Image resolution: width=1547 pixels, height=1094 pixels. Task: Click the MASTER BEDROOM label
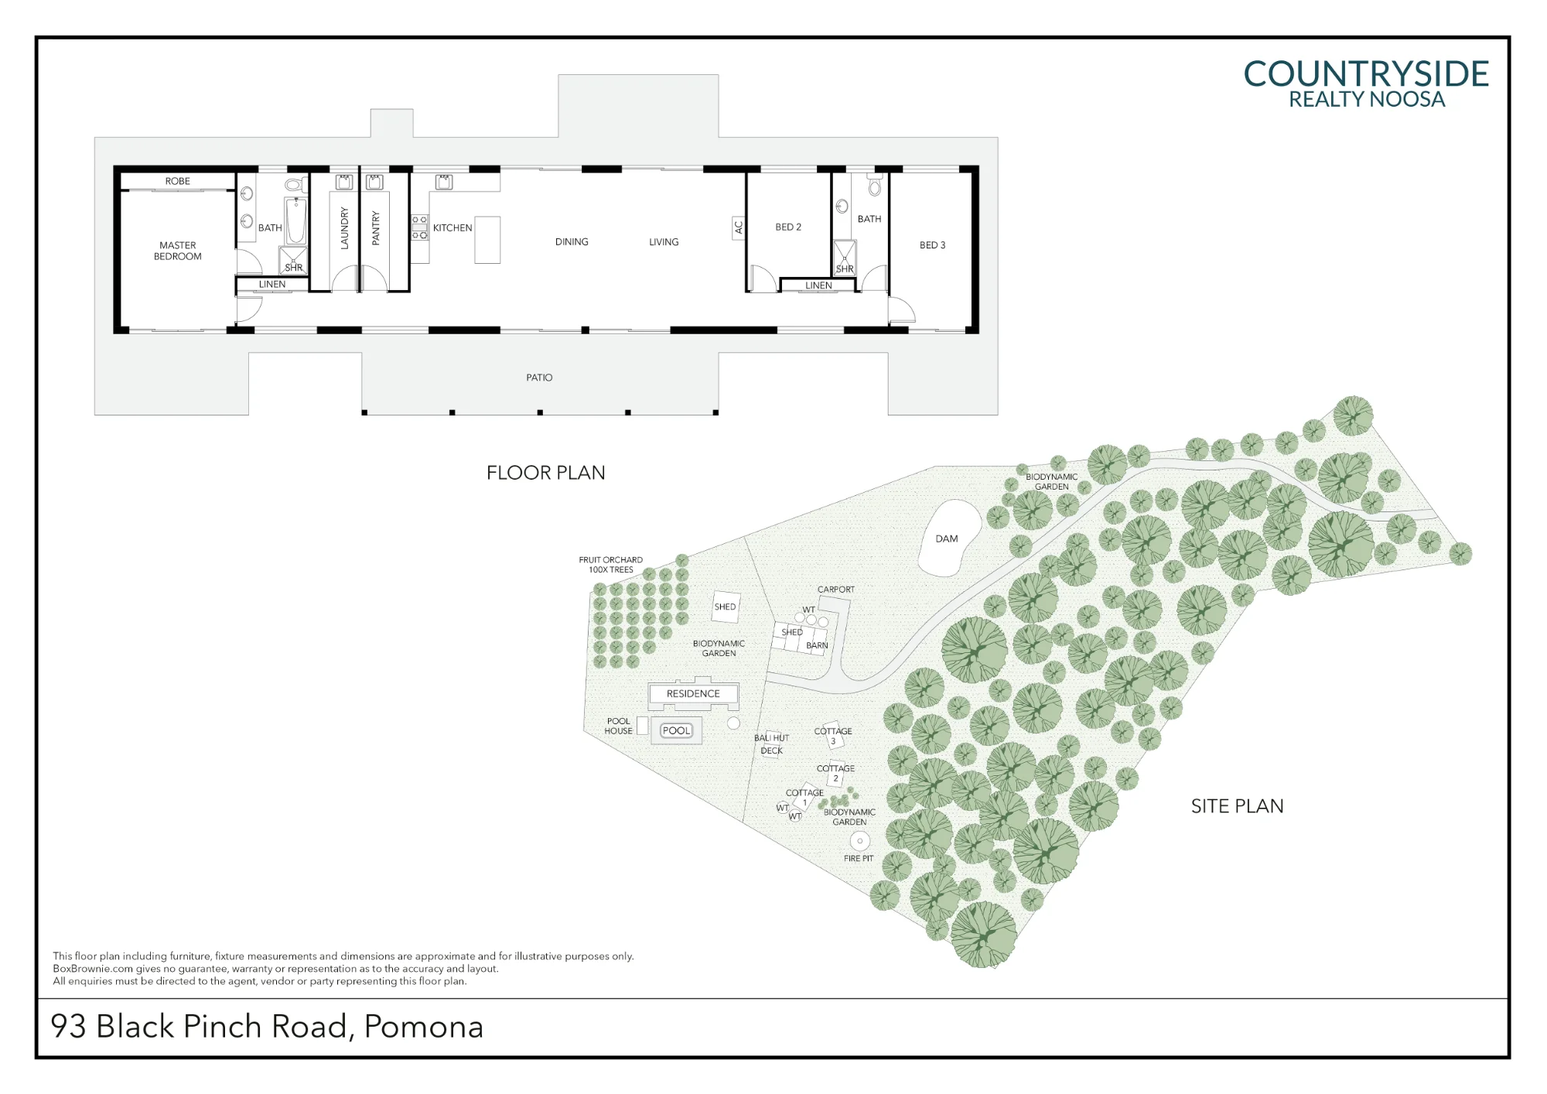pos(177,251)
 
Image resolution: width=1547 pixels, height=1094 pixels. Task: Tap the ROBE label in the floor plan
pos(177,181)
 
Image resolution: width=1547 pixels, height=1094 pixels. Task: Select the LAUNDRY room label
pos(345,227)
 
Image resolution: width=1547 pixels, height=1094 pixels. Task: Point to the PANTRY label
pos(376,227)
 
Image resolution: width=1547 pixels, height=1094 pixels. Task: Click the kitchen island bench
pos(487,240)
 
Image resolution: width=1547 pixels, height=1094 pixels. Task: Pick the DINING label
pos(572,242)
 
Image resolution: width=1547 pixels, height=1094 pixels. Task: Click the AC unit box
pos(738,228)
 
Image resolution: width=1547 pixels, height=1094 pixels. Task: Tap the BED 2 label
pos(788,227)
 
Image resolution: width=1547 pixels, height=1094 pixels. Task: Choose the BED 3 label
pos(932,245)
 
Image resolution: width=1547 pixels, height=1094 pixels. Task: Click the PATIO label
pos(539,378)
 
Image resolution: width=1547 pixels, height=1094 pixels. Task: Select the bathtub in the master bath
pos(296,221)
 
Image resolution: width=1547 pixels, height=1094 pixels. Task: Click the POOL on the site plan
pos(676,730)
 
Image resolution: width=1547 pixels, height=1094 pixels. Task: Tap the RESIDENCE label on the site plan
pos(693,694)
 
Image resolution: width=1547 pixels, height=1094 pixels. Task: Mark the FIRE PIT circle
pos(859,840)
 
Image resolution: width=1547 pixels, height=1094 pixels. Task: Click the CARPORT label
pos(836,590)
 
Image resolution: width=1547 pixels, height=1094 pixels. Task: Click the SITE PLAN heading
pos(1237,806)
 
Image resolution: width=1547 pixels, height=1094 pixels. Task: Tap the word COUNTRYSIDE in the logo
pos(1366,74)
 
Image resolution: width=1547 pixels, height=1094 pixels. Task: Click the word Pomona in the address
pos(424,1027)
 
